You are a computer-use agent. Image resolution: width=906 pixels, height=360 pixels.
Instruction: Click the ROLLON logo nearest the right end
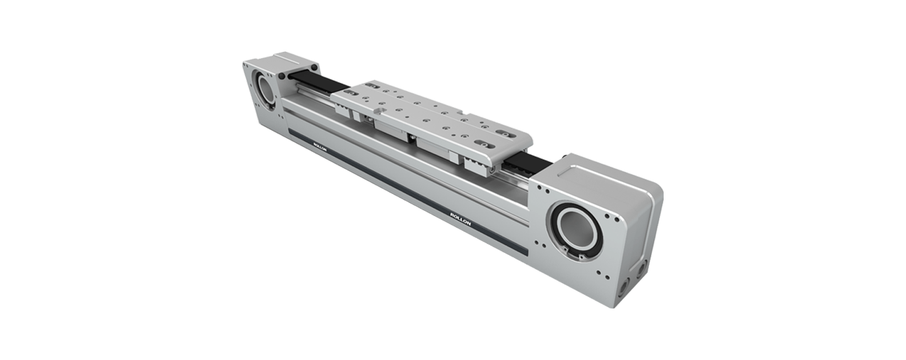coord(460,218)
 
